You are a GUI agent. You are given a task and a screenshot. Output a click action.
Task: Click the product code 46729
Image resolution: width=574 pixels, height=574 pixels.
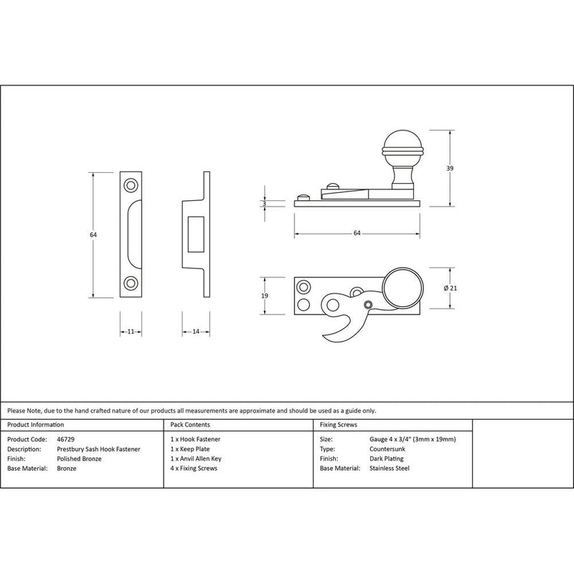(63, 438)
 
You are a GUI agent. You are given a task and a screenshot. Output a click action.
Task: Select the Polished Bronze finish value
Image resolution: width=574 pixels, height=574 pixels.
(77, 458)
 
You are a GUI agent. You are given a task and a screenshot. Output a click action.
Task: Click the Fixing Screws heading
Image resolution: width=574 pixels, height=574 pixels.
(337, 424)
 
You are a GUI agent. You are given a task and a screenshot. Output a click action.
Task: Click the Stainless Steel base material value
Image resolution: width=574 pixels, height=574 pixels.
(389, 468)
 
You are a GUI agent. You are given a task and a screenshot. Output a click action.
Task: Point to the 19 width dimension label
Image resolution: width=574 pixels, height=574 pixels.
(265, 296)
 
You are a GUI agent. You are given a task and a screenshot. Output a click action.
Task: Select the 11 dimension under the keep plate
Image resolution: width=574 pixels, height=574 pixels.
(131, 332)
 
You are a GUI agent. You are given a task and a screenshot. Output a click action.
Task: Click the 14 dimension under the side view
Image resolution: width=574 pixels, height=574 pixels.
(195, 332)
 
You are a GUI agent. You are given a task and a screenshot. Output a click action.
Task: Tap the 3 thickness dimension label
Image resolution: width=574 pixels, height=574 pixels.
(265, 204)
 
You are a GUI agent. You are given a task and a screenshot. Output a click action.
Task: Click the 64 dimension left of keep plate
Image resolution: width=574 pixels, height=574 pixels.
(93, 235)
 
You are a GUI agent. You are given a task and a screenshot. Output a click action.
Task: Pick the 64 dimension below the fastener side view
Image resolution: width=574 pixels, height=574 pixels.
(357, 232)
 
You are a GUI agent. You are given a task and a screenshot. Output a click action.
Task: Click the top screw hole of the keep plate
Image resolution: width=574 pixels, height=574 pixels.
(131, 185)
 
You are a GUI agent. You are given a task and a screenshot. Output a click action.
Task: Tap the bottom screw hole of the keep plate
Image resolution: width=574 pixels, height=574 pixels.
(131, 283)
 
